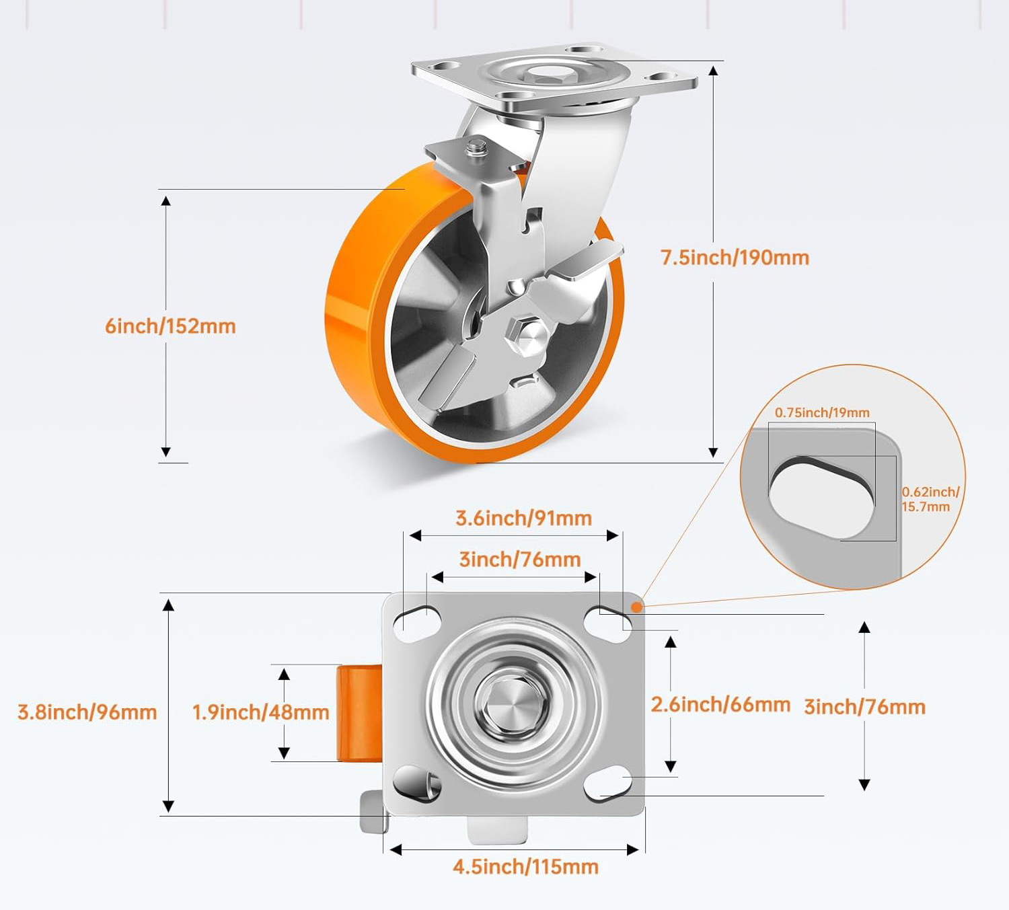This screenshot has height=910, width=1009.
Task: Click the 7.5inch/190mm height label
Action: pos(735,258)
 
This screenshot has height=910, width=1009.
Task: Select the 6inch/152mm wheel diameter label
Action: pos(170,326)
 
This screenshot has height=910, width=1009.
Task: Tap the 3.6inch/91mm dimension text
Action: pos(523,519)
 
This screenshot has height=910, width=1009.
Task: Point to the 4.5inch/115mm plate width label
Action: pos(525,867)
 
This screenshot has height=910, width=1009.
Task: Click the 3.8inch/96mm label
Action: pos(87,712)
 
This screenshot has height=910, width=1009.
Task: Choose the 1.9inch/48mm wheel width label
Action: pos(260,712)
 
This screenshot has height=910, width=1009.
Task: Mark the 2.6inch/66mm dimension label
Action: pos(720,705)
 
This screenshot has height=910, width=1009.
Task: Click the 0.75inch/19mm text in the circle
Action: pos(822,413)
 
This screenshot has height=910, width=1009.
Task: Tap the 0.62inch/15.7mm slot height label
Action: pos(930,500)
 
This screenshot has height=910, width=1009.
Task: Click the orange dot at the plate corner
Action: pos(636,607)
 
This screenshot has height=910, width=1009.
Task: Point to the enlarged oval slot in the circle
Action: pos(821,497)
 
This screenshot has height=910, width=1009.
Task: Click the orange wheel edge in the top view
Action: pos(359,712)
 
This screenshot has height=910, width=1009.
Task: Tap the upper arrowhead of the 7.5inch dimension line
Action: pos(713,71)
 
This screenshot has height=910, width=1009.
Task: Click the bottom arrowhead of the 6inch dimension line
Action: pos(166,452)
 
